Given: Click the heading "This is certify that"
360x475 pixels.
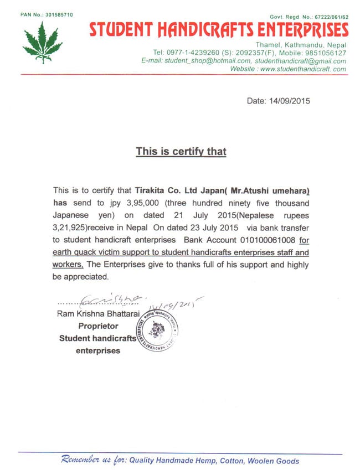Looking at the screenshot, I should click(x=181, y=151).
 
